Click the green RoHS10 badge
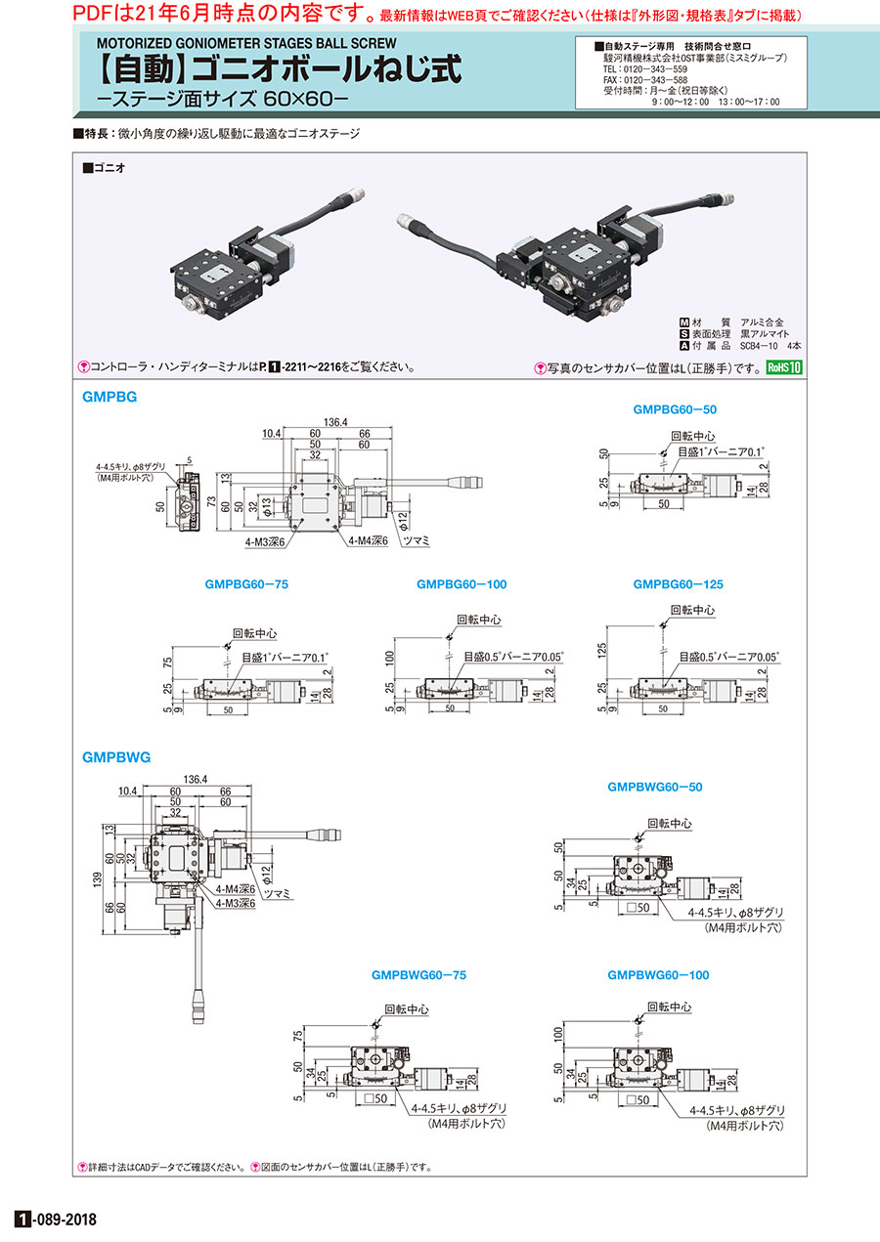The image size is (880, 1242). pos(783,368)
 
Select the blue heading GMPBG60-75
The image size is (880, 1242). pos(247,584)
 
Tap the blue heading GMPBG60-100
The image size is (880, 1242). pos(462,584)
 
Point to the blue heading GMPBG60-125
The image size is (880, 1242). pos(678,584)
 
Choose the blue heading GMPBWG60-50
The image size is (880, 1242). pos(655,787)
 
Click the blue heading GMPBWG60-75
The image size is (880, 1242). pos(418,974)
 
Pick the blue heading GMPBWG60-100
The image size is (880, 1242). pos(658,974)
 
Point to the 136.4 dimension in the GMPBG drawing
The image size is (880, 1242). pos(334,422)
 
